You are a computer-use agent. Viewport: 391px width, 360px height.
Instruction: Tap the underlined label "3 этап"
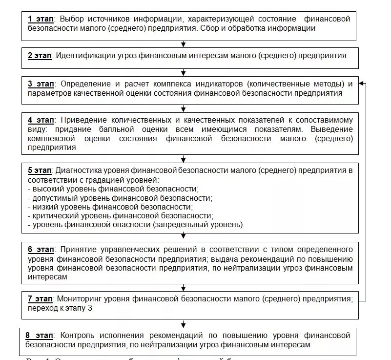(41, 84)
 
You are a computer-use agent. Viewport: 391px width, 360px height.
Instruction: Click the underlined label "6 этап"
(41, 250)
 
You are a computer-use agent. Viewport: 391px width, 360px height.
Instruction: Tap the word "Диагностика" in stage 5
(79, 170)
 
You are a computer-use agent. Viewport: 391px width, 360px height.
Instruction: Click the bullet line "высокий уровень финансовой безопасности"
(114, 189)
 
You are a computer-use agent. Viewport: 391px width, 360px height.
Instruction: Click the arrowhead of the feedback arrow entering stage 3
(361, 84)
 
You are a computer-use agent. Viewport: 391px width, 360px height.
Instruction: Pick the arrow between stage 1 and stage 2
(183, 44)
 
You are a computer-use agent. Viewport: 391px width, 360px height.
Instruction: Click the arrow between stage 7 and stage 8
(183, 323)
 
